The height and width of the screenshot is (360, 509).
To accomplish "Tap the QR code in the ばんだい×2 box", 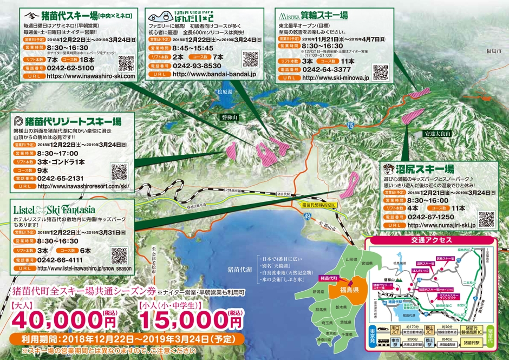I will point(251,58).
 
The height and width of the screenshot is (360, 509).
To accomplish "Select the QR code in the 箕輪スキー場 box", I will point(381,72).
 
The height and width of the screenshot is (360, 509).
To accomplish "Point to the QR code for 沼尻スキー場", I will point(486,219).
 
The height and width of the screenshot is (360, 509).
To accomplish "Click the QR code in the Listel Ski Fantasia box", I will point(119,255).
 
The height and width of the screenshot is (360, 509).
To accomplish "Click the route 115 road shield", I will point(350,126).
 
